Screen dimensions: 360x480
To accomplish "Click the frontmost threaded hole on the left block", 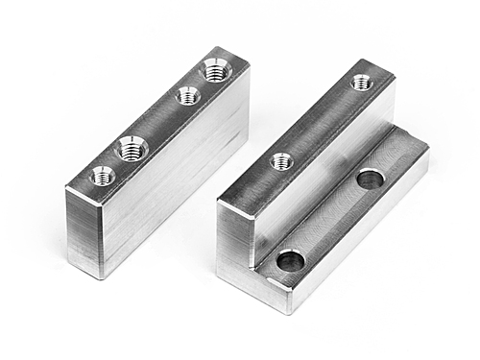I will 102,176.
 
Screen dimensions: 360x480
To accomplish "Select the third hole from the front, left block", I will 188,96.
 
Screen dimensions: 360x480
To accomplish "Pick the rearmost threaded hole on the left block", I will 216,69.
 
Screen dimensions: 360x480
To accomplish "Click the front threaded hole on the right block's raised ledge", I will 281,161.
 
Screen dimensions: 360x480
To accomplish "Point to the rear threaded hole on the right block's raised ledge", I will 362,84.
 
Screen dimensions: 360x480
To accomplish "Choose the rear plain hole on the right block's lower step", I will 370,179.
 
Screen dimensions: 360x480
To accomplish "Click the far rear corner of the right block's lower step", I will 428,144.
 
